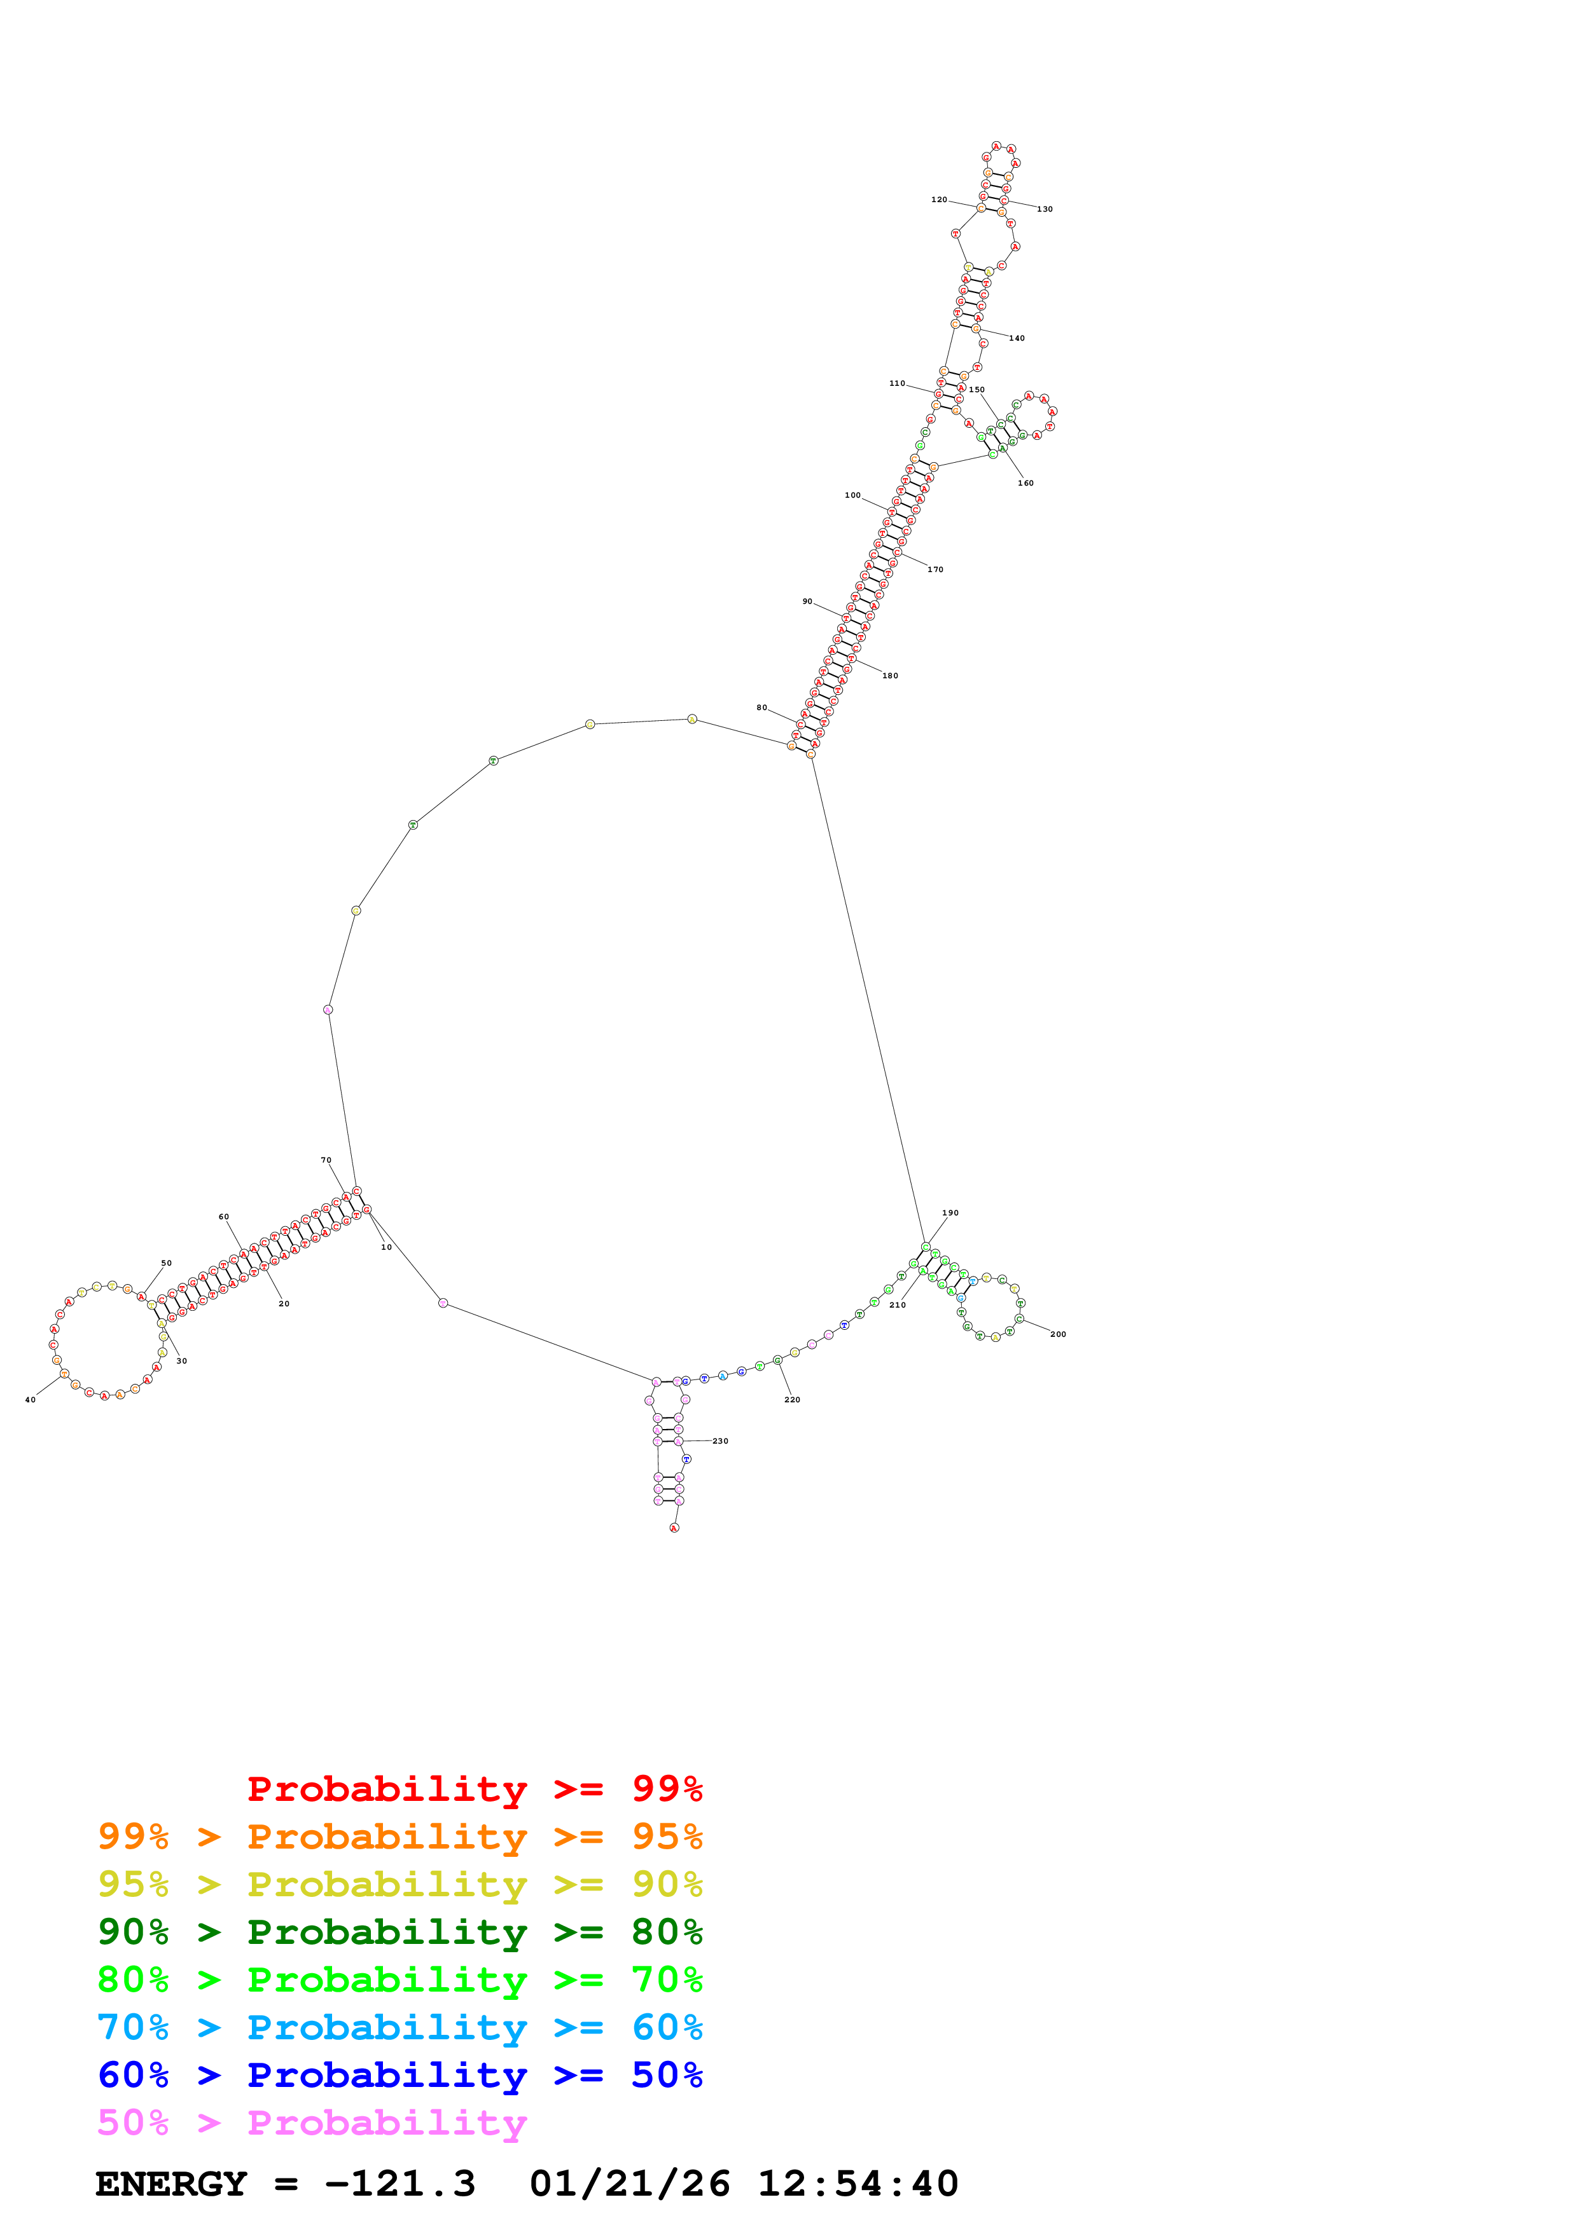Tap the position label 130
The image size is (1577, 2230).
coord(1045,209)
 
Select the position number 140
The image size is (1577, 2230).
coord(1017,338)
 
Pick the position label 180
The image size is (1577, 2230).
coord(890,675)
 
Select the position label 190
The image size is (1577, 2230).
coord(950,1212)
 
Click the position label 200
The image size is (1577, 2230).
coord(1058,1334)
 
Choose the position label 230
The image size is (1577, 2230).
coord(720,1440)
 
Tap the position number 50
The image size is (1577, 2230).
coord(166,1262)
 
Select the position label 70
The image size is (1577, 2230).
coord(326,1159)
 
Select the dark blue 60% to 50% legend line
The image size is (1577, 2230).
coord(399,2075)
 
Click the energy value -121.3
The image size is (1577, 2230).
coord(399,2184)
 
